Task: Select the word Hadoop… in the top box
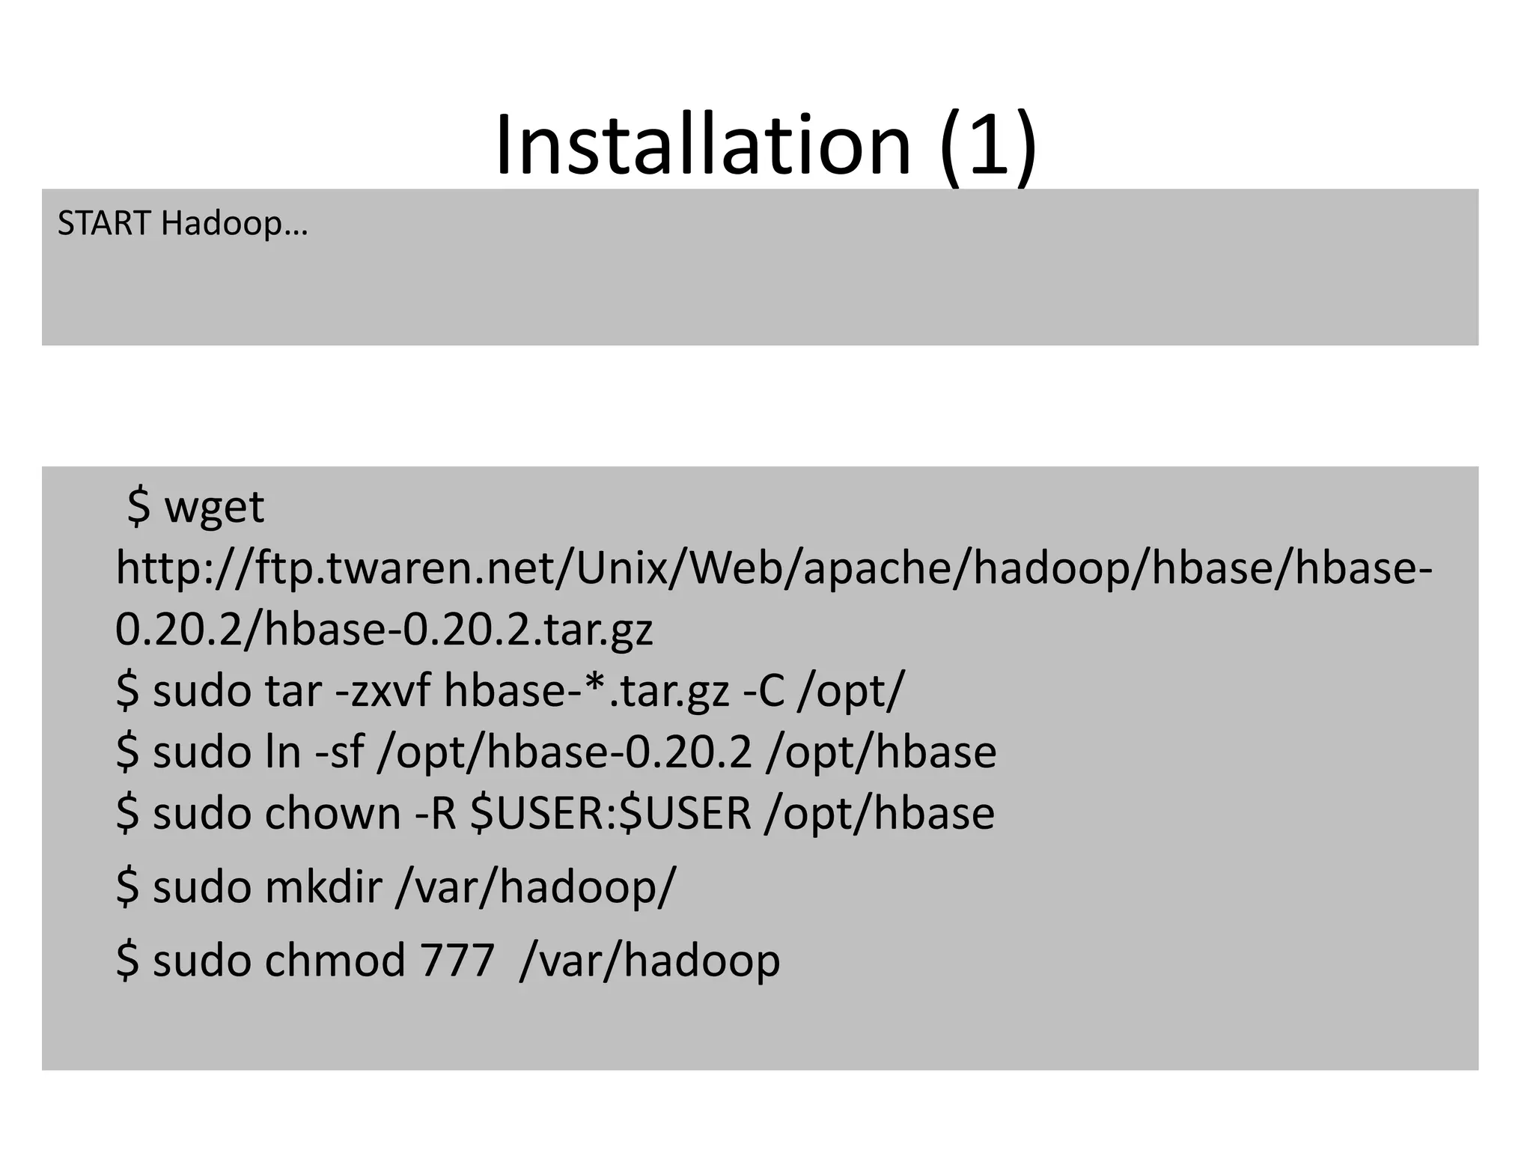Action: coord(234,224)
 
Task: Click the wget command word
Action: coord(214,508)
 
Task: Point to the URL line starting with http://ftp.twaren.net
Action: coord(774,568)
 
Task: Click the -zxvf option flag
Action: coord(383,690)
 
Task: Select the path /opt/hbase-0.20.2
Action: coord(564,752)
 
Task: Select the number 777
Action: coord(457,960)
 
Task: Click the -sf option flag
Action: coord(339,752)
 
